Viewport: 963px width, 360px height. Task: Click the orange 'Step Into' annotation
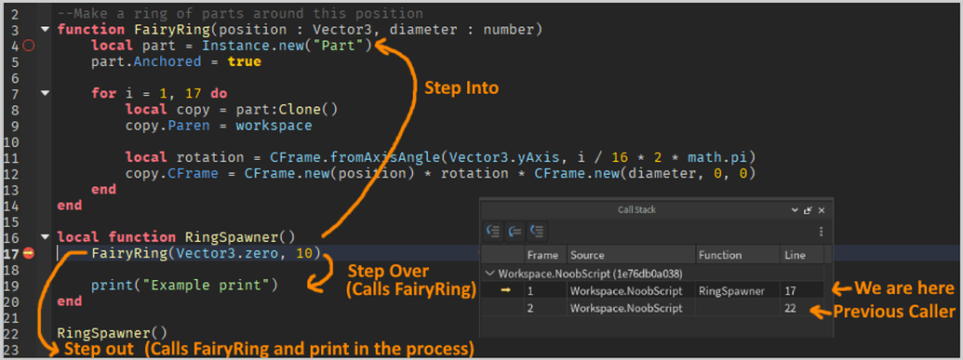point(461,88)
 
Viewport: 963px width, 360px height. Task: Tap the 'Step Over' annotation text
point(388,271)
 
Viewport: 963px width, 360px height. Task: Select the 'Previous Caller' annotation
point(893,311)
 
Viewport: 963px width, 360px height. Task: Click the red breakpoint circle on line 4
point(28,46)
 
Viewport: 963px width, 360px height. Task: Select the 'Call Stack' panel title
point(638,210)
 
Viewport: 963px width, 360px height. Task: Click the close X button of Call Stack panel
point(822,210)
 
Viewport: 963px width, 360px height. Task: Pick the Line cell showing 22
point(791,308)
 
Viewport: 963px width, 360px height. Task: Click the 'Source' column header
point(587,255)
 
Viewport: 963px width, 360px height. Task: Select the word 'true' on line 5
point(244,61)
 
